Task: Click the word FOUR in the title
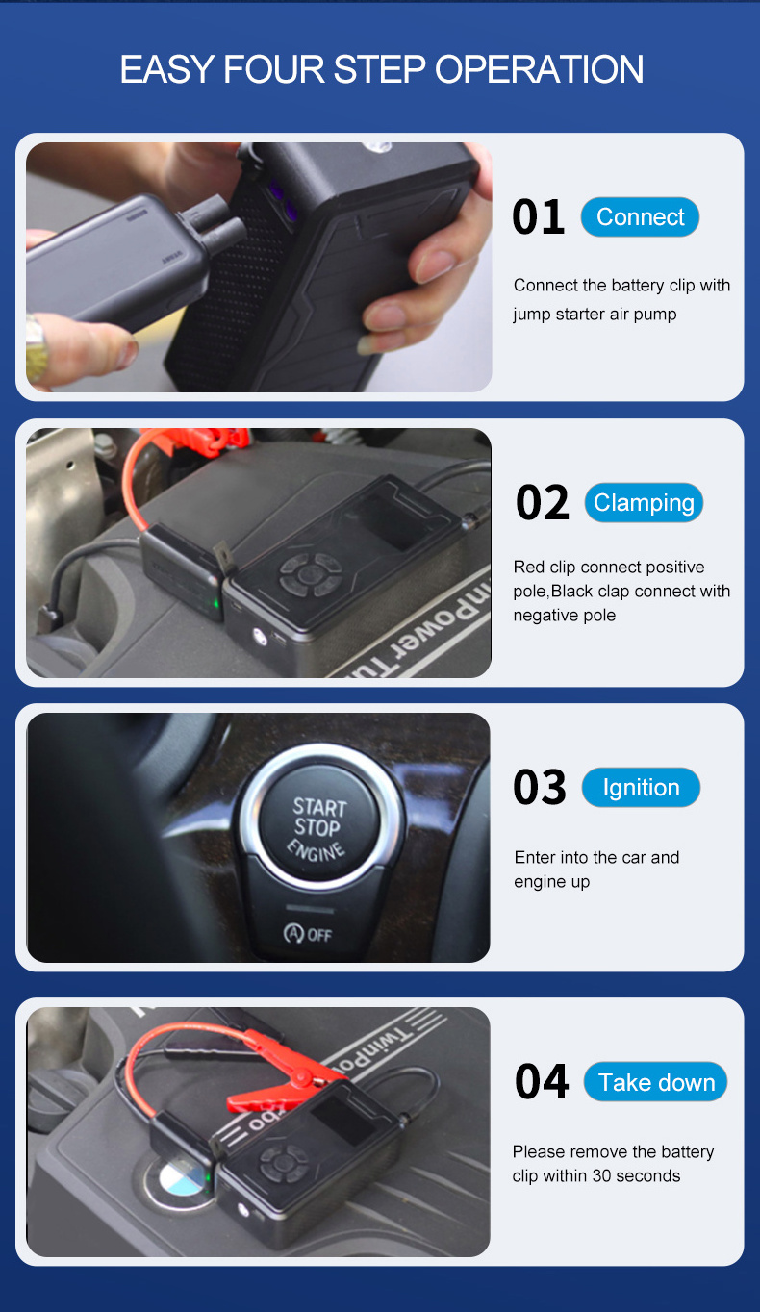click(273, 69)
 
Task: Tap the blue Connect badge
click(640, 216)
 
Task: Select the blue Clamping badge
click(644, 502)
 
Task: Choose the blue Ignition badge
click(641, 787)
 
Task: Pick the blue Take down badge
click(656, 1082)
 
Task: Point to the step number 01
click(538, 217)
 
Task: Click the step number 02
click(542, 502)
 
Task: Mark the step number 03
click(540, 787)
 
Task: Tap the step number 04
click(542, 1081)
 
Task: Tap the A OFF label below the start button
click(308, 933)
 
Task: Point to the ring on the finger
click(36, 344)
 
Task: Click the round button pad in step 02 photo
click(311, 575)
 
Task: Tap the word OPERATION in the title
click(539, 69)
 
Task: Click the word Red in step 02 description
click(528, 567)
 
